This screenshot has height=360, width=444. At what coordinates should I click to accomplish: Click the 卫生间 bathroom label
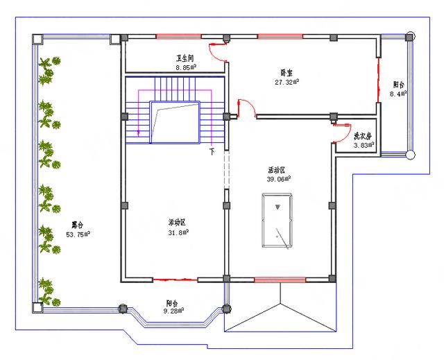pyautogui.click(x=185, y=60)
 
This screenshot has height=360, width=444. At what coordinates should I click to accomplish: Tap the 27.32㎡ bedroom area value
pyautogui.click(x=287, y=81)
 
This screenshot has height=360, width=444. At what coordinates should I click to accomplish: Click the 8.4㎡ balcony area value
pyautogui.click(x=398, y=94)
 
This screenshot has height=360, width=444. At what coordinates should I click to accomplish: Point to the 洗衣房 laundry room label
pyautogui.click(x=364, y=136)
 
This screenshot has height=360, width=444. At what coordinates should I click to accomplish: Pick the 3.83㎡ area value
pyautogui.click(x=364, y=146)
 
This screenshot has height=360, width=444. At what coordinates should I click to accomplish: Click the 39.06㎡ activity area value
pyautogui.click(x=279, y=178)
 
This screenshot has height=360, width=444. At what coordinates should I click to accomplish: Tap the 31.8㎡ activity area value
pyautogui.click(x=178, y=232)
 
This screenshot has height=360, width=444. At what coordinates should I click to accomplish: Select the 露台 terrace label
pyautogui.click(x=78, y=225)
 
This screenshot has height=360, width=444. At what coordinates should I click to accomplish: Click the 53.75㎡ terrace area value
pyautogui.click(x=78, y=234)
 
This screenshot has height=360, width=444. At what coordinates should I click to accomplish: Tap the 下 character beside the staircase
pyautogui.click(x=212, y=150)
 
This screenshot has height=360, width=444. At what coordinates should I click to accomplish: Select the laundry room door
pyautogui.click(x=341, y=126)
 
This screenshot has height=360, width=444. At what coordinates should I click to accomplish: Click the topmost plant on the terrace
pyautogui.click(x=47, y=70)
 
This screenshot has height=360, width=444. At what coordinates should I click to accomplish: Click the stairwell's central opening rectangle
pyautogui.click(x=175, y=122)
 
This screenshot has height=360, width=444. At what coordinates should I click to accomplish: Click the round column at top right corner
pyautogui.click(x=411, y=35)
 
